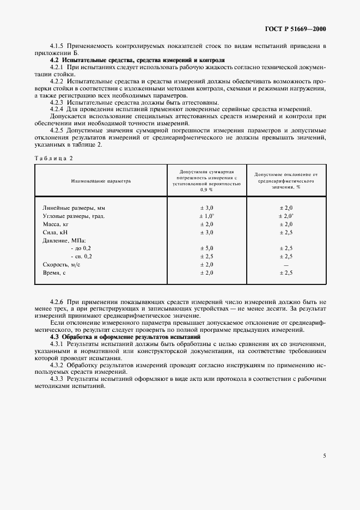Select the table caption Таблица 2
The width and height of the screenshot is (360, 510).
(53, 158)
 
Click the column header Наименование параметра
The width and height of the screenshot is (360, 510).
(100, 180)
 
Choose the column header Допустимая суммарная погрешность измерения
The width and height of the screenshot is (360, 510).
(207, 180)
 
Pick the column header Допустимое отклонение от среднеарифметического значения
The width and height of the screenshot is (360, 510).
(286, 180)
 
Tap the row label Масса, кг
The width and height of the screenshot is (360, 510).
(55, 224)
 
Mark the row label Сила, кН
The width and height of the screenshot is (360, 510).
(54, 232)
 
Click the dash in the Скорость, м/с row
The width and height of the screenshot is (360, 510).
(286, 264)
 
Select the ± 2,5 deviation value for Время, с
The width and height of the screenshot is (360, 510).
(286, 272)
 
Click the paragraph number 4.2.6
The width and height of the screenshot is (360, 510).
(57, 301)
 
